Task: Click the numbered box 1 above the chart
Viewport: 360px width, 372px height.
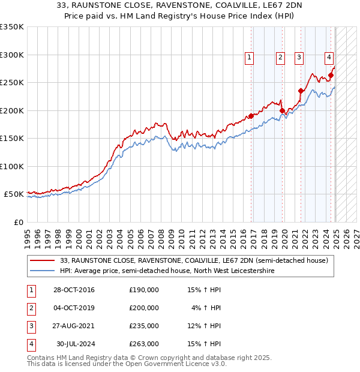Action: [x=249, y=58]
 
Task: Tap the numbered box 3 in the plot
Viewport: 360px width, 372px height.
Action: [x=299, y=58]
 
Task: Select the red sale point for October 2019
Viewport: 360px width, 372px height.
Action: [x=282, y=111]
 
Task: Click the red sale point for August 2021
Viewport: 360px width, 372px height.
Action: [x=301, y=91]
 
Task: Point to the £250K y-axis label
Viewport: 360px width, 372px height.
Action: [x=12, y=82]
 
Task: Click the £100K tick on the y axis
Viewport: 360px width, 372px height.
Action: [x=12, y=166]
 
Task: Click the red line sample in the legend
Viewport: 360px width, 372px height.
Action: [x=43, y=261]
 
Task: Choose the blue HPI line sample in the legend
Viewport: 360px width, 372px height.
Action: [x=43, y=271]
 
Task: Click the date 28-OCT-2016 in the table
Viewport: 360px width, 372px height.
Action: [x=73, y=290]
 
